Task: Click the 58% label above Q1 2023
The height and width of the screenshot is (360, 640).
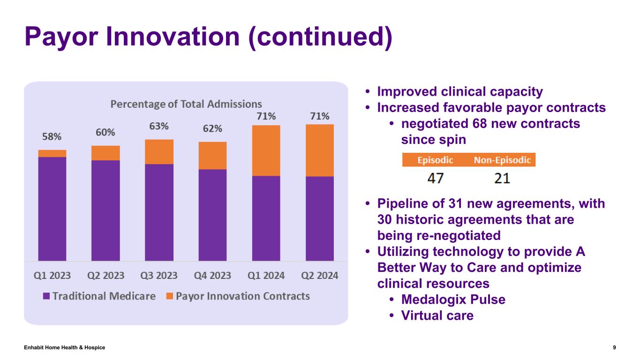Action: [x=52, y=137]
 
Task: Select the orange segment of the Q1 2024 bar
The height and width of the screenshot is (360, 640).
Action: [x=266, y=150]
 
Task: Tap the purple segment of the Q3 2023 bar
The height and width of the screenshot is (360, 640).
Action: [x=159, y=212]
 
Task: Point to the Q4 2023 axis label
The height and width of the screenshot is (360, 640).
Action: [x=212, y=276]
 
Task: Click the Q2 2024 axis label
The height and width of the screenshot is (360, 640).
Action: [x=319, y=276]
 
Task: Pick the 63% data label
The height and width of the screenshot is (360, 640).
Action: [x=159, y=127]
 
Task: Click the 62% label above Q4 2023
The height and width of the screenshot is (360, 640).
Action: [x=212, y=129]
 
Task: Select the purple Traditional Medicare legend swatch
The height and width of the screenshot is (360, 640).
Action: [x=46, y=296]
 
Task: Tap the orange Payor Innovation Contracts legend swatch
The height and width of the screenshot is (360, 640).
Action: [x=170, y=296]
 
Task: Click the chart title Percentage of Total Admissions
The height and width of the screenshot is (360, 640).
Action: [x=186, y=104]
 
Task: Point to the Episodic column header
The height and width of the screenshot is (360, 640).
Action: [x=436, y=160]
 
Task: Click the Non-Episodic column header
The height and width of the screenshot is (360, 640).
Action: [x=502, y=160]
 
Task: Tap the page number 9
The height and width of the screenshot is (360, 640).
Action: [x=614, y=347]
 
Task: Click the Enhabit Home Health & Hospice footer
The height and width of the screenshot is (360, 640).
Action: [x=65, y=347]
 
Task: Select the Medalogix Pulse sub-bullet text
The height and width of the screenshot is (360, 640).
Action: [x=453, y=300]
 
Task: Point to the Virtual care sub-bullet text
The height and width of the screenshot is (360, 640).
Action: [x=437, y=315]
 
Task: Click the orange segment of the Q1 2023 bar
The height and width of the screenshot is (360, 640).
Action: [x=52, y=153]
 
